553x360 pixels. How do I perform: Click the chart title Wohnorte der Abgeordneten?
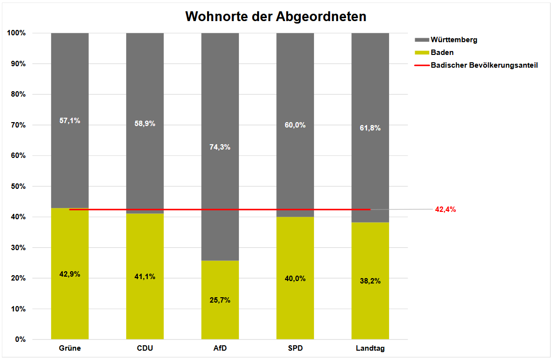(x=276, y=17)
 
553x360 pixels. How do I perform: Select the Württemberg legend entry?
(x=453, y=40)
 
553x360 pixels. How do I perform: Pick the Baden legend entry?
(x=442, y=52)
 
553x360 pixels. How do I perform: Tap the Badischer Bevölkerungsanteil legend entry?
(x=484, y=65)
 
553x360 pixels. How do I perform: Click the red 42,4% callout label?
(x=446, y=209)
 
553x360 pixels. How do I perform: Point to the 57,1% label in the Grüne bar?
(x=70, y=120)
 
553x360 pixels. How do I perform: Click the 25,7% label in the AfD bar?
(x=220, y=300)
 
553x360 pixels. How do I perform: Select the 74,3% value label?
(x=220, y=147)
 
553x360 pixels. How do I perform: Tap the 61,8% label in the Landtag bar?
(x=370, y=128)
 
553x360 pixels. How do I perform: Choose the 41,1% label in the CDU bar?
(x=145, y=276)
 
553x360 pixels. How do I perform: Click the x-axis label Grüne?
(x=70, y=349)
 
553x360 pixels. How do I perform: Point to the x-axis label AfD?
(x=220, y=349)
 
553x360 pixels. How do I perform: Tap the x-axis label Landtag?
(x=370, y=349)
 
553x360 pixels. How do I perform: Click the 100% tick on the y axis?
(x=16, y=33)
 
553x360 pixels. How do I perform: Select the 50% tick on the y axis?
(x=18, y=186)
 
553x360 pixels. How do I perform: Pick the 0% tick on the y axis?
(x=20, y=339)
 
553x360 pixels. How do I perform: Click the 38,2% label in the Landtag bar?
(x=370, y=281)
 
